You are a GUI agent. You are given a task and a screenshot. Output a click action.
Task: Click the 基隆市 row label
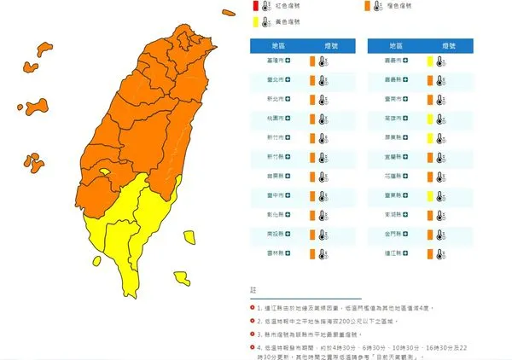[x=276, y=61]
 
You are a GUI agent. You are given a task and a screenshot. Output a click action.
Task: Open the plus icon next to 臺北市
[x=288, y=80]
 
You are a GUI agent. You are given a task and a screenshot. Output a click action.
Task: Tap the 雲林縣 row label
[x=276, y=253]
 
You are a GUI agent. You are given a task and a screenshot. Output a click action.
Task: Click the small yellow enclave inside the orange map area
[x=104, y=172]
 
